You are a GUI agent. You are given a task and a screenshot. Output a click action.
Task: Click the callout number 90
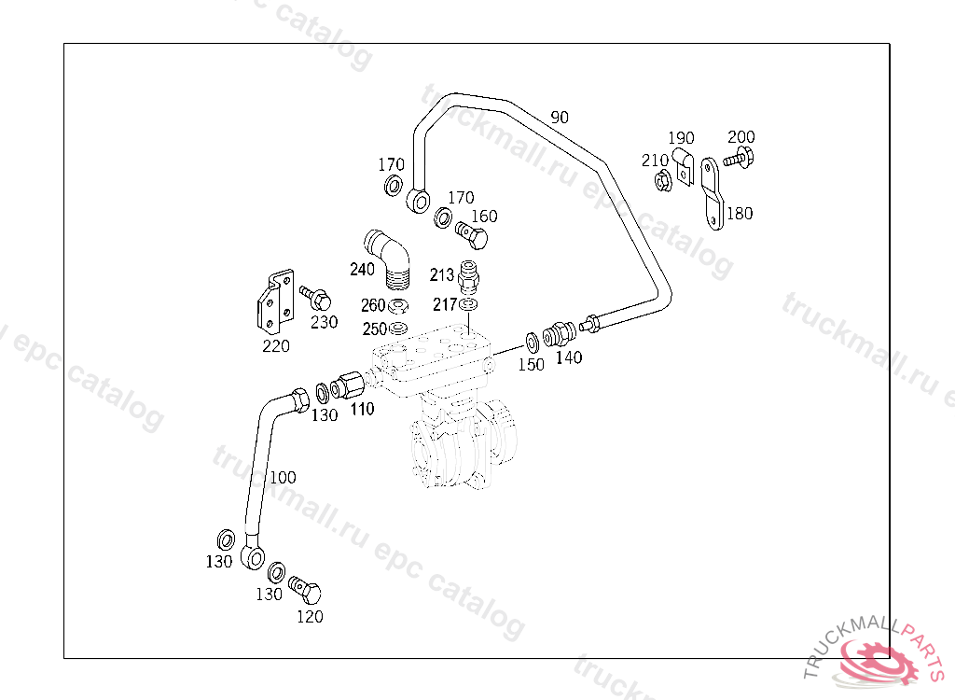point(560,118)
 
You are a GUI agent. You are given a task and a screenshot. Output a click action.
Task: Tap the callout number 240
point(362,270)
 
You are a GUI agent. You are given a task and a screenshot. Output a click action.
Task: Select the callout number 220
point(275,345)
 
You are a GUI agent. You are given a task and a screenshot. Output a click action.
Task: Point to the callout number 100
point(283,478)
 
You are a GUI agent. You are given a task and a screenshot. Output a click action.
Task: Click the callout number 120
point(310,616)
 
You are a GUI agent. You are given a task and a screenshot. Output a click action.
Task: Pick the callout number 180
point(739,214)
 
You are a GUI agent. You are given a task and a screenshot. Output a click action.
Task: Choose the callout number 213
point(442,274)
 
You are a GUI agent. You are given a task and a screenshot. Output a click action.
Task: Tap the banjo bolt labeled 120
point(307,590)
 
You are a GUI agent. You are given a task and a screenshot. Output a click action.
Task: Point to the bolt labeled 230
point(315,299)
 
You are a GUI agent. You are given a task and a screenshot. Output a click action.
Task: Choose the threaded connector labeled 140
point(561,332)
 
